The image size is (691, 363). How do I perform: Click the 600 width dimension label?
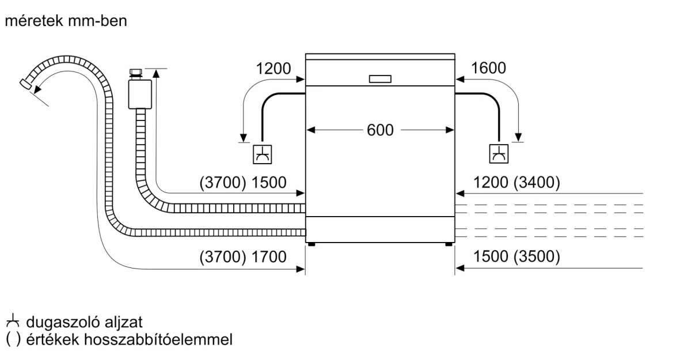point(380,130)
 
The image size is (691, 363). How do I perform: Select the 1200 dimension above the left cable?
point(274,69)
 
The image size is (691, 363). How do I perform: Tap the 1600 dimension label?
point(488,68)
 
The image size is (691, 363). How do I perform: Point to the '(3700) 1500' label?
point(242,183)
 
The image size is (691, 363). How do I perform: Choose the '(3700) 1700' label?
point(242,257)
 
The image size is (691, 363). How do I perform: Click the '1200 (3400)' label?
point(516,183)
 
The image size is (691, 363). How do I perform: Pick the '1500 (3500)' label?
point(516,257)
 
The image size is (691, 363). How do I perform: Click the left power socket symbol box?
point(263,154)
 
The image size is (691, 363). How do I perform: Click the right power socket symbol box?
point(499,153)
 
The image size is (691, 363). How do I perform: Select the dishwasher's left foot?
point(312,244)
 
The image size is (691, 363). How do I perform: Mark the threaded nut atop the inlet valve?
point(136,73)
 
